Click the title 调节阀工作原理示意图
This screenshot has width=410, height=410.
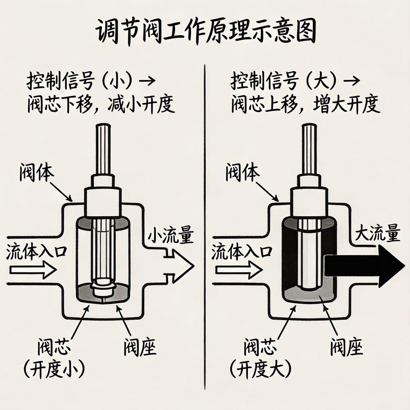(205, 32)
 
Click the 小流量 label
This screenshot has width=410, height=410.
(170, 235)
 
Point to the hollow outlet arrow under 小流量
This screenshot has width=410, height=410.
(178, 265)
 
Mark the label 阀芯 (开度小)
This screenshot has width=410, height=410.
(54, 359)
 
